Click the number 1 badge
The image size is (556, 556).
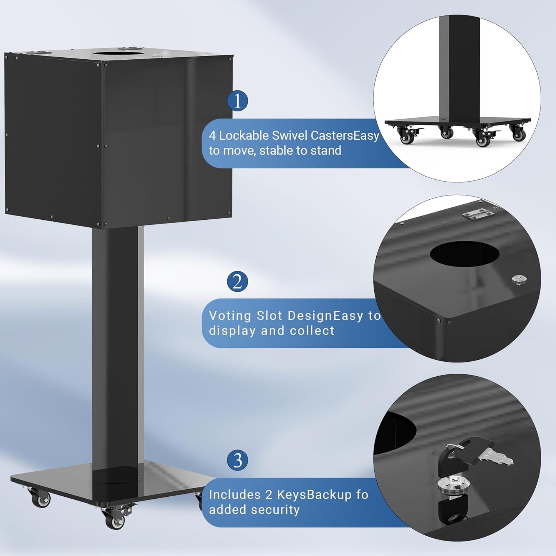pos(237,101)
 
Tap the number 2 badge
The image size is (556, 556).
pos(237,281)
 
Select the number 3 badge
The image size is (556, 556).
pos(237,460)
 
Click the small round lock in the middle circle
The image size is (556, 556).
pos(519,279)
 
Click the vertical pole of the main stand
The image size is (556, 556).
pos(115,346)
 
